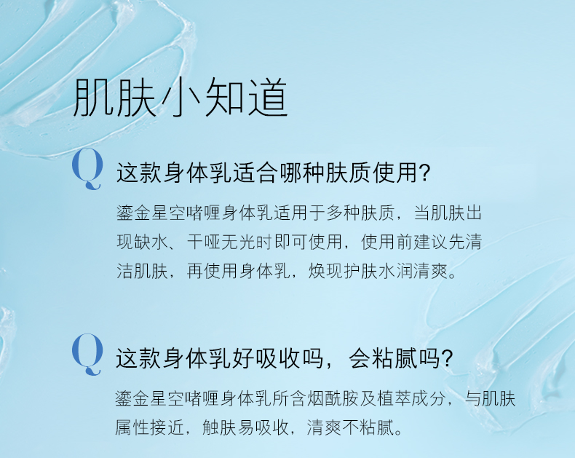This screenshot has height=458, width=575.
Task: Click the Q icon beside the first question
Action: tap(87, 169)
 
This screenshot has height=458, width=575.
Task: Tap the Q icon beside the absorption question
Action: tap(87, 355)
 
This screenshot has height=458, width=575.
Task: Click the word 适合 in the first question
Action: tap(255, 173)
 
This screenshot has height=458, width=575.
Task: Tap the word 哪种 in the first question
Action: tap(302, 173)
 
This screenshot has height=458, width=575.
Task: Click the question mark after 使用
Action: tap(424, 173)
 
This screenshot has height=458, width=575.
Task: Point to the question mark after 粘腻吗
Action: tap(448, 358)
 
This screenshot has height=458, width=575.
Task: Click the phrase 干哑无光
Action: tap(222, 242)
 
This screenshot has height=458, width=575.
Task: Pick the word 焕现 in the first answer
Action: tap(325, 271)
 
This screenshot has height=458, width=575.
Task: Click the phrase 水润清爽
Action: tap(413, 271)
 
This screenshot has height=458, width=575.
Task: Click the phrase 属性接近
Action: tap(150, 427)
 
